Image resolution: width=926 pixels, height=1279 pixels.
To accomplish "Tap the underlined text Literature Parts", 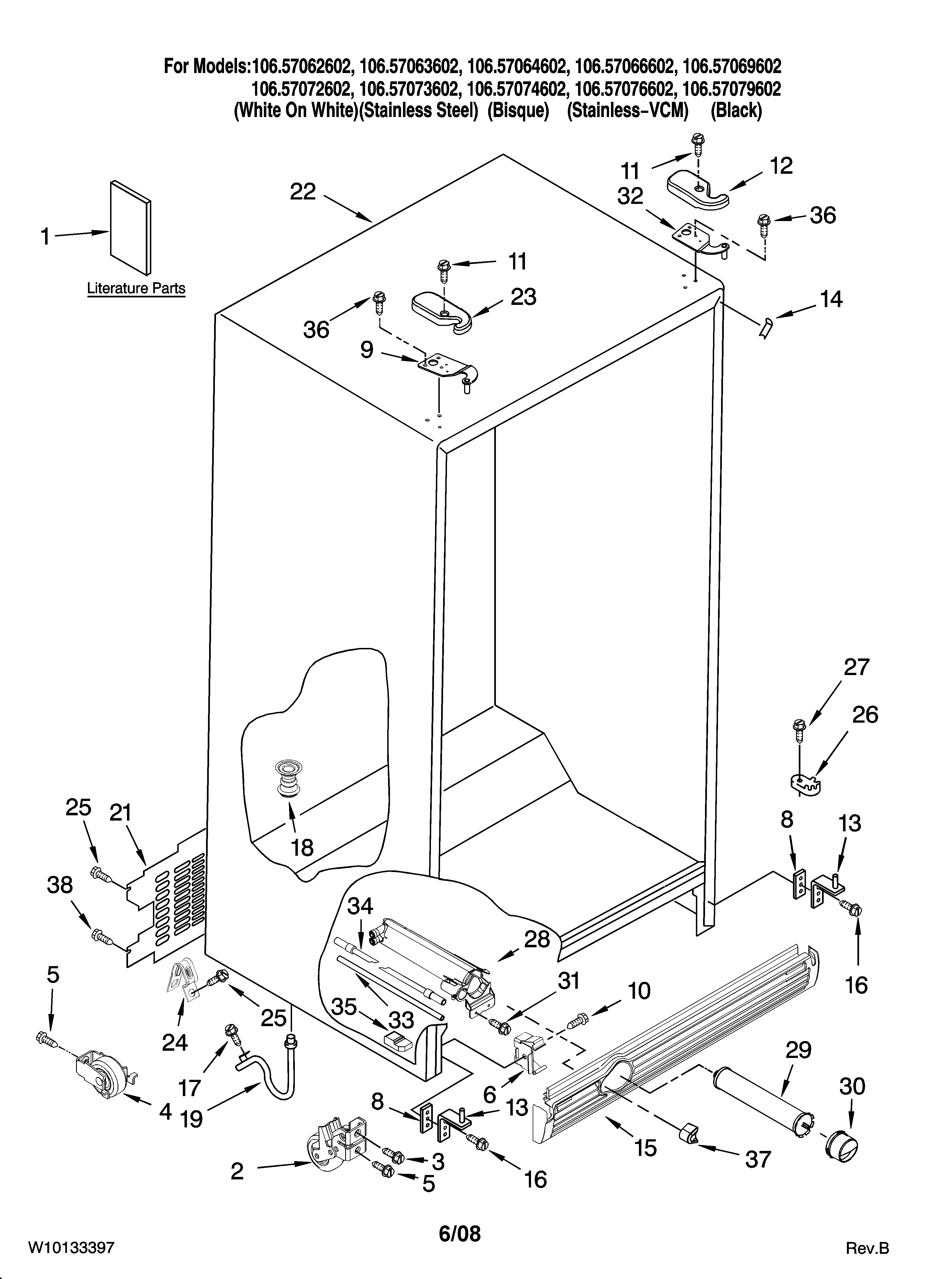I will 136,289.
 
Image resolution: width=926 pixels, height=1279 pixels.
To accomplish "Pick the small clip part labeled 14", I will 765,328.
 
